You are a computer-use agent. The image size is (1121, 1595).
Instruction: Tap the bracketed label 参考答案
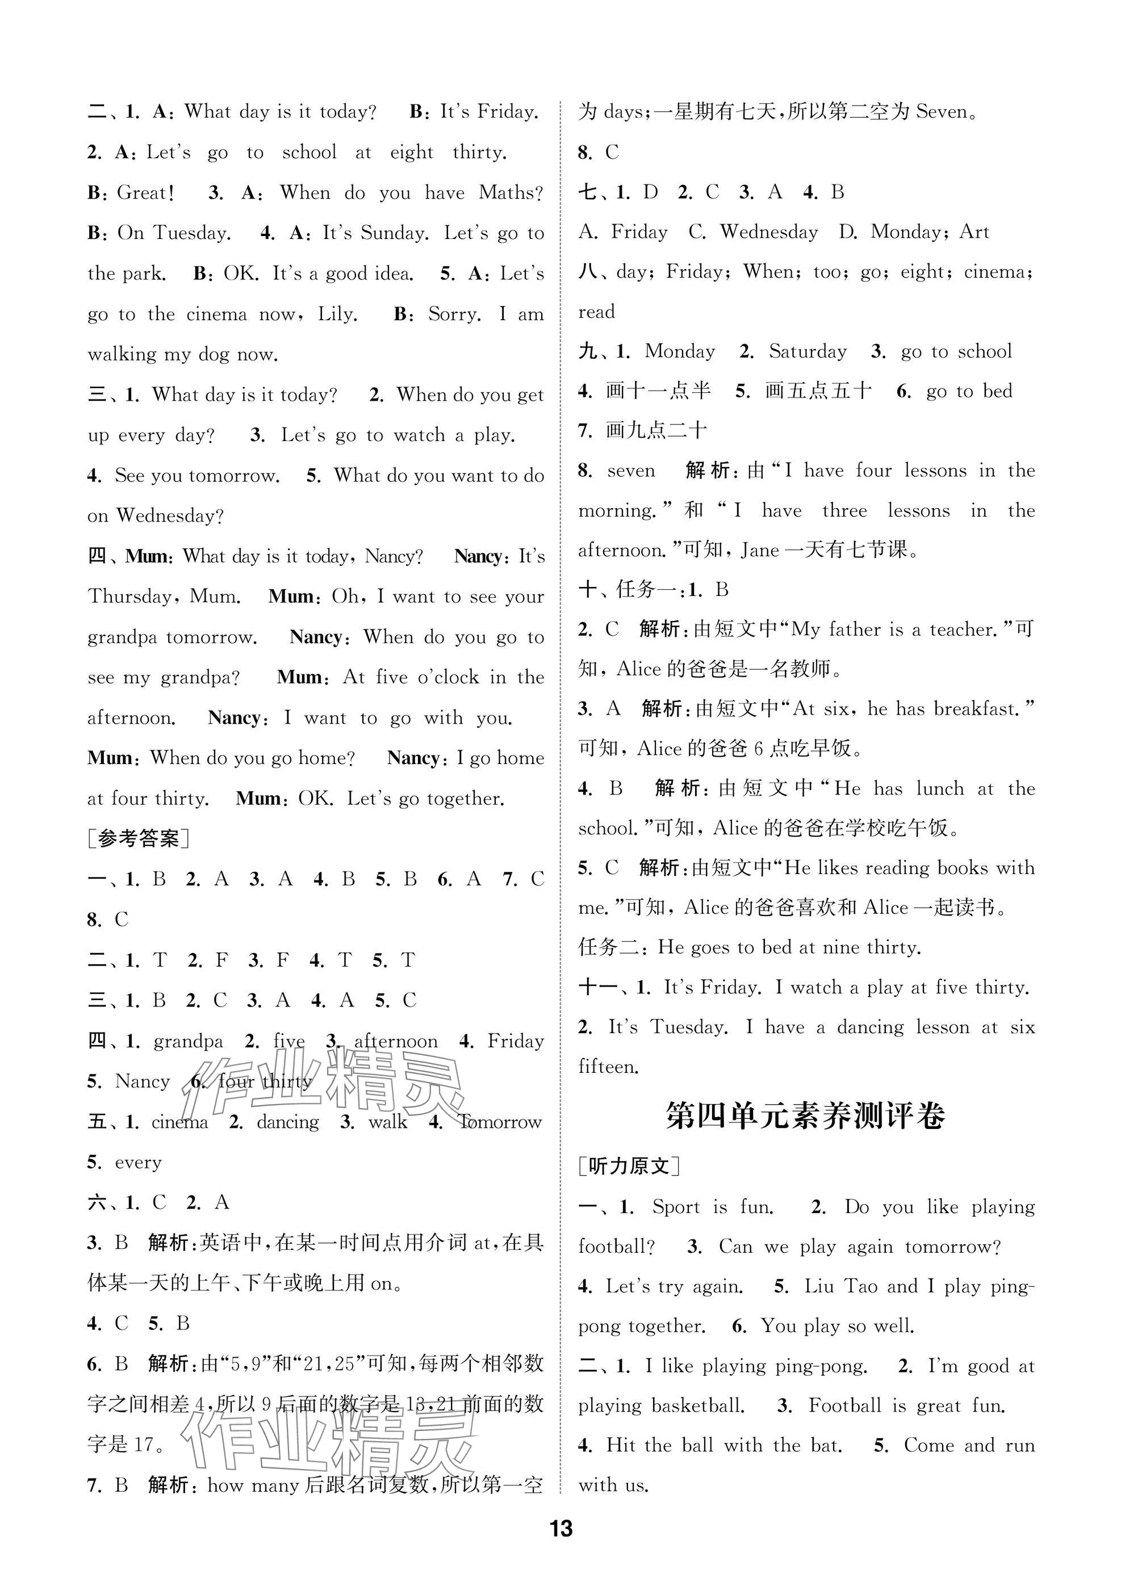(x=139, y=838)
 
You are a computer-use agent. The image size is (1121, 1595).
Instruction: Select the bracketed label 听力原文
(x=630, y=1166)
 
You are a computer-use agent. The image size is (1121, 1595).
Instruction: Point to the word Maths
(x=509, y=192)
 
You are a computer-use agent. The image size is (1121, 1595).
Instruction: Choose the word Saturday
(x=807, y=351)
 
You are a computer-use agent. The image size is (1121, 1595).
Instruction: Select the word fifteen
(x=608, y=1067)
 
